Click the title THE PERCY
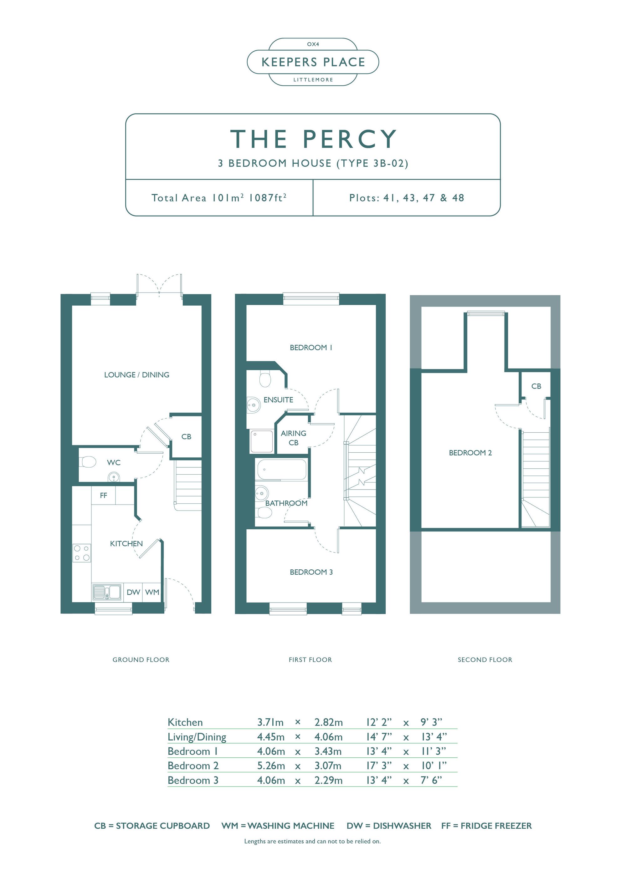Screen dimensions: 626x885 [313, 139]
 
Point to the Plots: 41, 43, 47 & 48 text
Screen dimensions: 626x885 [407, 198]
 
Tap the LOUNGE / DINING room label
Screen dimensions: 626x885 [136, 375]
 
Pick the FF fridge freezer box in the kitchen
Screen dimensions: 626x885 [103, 495]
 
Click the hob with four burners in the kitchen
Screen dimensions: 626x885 [82, 553]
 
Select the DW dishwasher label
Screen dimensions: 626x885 [133, 592]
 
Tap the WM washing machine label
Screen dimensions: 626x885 [152, 592]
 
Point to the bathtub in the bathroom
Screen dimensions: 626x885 [282, 470]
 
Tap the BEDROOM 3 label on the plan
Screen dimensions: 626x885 [311, 572]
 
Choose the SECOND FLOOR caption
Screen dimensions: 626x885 [485, 659]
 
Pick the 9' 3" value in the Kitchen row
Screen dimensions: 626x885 [431, 722]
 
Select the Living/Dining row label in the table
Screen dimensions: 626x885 [197, 737]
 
